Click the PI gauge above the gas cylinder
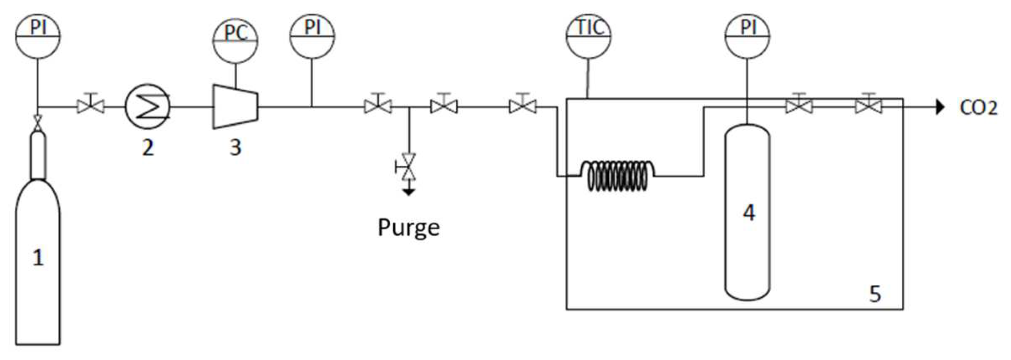click(38, 36)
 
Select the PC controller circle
click(235, 40)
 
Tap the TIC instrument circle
click(588, 36)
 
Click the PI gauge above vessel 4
click(747, 36)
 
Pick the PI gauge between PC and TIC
click(312, 36)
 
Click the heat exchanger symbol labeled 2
click(148, 107)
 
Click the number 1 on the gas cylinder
click(38, 257)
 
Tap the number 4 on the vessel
click(749, 213)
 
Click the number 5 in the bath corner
click(875, 294)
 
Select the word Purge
click(408, 228)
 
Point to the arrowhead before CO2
click(940, 107)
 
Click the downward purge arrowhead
click(409, 192)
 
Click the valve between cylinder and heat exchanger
click(91, 106)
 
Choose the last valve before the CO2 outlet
click(868, 106)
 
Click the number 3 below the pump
click(235, 147)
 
